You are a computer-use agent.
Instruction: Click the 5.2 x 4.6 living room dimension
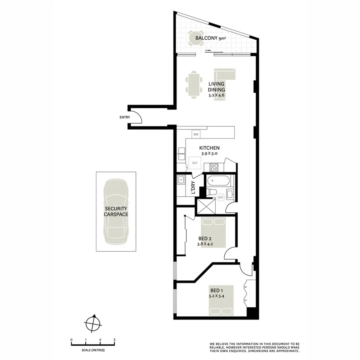point(216,96)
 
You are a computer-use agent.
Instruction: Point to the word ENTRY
point(125,117)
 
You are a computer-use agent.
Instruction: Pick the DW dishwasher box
point(196,134)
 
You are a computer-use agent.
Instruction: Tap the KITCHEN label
point(210,148)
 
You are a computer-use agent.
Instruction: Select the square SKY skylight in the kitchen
point(195,163)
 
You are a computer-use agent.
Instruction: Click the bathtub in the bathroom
point(218,180)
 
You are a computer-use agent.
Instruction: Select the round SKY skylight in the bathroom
point(220,197)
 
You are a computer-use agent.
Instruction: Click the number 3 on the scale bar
point(114,340)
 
